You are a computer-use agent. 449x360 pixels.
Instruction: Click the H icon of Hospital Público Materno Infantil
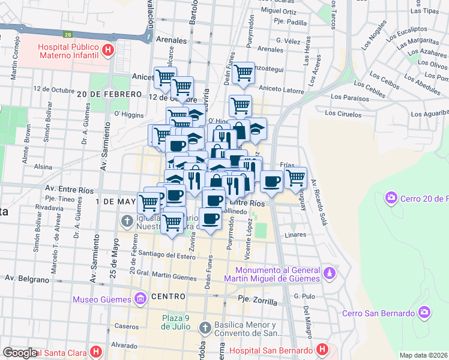tap(107, 50)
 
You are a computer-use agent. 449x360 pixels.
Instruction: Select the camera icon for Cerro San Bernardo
tap(425, 313)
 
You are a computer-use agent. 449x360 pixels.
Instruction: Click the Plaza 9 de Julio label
tap(175, 322)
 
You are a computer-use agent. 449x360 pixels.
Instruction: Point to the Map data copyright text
tap(424, 355)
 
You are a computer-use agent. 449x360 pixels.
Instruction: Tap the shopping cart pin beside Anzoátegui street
tap(243, 73)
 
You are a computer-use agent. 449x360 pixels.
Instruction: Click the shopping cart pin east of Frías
tap(295, 178)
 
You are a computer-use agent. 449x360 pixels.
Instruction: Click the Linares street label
tap(297, 235)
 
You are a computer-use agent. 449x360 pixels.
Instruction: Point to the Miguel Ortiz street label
tap(279, 11)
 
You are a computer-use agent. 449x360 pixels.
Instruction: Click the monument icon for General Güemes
tap(328, 274)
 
